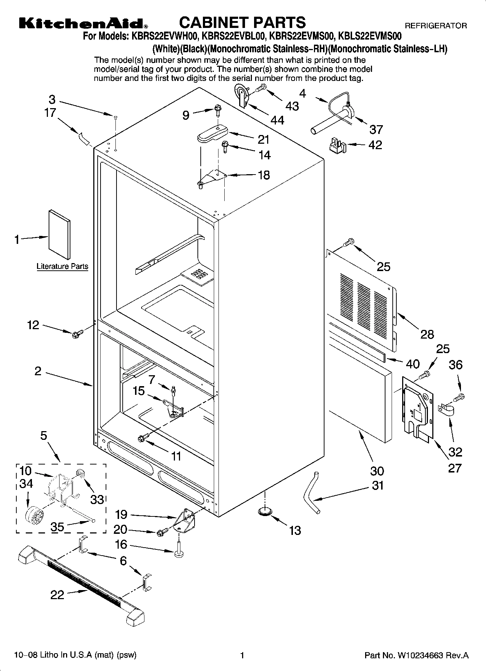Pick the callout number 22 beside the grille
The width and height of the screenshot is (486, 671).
[x=57, y=594]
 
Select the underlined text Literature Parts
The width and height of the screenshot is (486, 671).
[x=62, y=266]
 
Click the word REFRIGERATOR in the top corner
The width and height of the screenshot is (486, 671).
[x=436, y=26]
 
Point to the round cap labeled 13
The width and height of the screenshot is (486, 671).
[x=265, y=511]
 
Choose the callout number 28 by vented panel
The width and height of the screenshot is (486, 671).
[x=427, y=334]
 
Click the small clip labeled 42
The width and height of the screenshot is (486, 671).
[x=337, y=144]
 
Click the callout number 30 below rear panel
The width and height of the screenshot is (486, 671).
[x=377, y=471]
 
